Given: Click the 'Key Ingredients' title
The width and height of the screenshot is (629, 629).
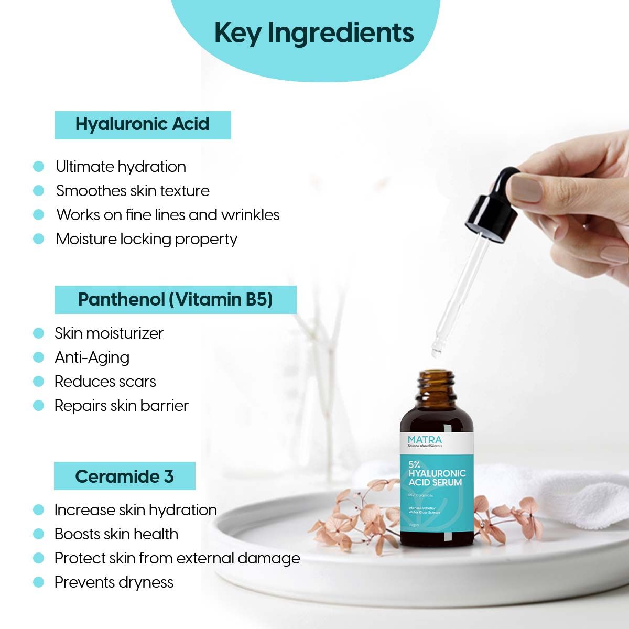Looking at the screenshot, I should coord(314,32).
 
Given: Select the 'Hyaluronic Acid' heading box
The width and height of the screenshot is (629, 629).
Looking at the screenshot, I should coord(143,125).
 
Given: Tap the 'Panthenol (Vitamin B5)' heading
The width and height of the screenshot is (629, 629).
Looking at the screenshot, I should coord(175,300).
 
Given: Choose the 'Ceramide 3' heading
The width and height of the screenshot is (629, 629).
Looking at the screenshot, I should coord(124,476).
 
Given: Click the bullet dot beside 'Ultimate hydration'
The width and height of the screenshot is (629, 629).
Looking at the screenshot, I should coord(38,167).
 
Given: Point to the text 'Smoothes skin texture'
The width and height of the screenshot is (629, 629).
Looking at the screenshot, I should coord(133,191).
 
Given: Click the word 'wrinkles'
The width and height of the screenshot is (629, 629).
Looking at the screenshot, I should coord(250,215).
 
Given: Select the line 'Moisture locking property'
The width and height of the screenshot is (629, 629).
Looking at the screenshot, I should coord(147,239).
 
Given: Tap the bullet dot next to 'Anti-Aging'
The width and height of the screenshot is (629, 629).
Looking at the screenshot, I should coord(38,357).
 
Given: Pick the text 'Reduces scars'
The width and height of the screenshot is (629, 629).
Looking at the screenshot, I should coord(105,382).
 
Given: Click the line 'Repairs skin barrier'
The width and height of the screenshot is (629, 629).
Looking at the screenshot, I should coord(122,406).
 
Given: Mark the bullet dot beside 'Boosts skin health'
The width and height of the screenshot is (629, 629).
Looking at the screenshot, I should coord(38,534).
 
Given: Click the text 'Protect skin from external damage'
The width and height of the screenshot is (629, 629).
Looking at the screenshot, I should coord(177,558).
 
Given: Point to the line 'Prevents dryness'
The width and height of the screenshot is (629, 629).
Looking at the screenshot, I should coord(114,582).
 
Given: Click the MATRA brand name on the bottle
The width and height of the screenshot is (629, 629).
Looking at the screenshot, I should coord(425,440).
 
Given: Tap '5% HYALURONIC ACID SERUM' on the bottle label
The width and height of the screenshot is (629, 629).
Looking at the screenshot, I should coord(437,474).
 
